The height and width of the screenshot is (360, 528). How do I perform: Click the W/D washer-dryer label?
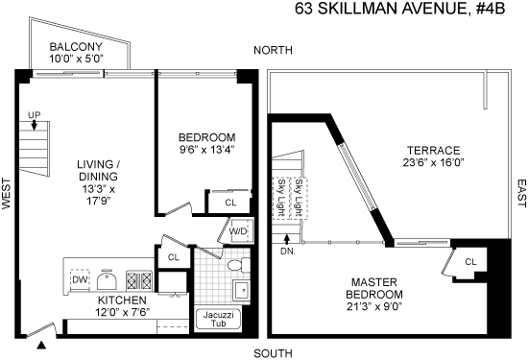coord(238,231)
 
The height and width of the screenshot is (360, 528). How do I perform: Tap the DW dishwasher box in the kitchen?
coord(80,279)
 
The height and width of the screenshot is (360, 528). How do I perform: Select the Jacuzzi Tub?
coord(218,319)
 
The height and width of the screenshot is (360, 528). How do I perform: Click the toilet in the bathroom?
coord(239,265)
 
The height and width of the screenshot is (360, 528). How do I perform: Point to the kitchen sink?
coord(107,279)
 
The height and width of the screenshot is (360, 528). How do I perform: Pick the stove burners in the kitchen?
coord(139,280)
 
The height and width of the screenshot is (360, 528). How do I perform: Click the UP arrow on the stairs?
coord(34,125)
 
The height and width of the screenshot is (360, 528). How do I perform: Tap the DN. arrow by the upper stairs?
coord(287,239)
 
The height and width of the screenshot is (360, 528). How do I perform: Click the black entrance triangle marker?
coord(41,345)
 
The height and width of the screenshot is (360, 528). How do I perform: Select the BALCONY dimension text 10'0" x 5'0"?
coord(76,59)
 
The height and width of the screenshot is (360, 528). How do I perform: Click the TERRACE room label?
coord(433,150)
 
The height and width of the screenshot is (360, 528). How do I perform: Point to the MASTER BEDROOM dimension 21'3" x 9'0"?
coord(374,307)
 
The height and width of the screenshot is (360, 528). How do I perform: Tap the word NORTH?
coord(273,50)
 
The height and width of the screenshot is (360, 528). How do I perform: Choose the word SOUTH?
coord(273,353)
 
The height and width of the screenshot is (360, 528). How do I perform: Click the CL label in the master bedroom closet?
coord(470,262)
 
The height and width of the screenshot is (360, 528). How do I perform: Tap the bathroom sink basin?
coord(241,290)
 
